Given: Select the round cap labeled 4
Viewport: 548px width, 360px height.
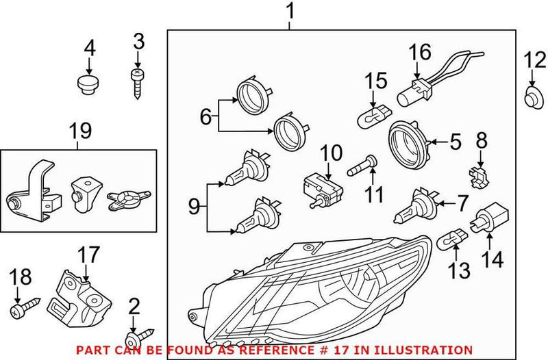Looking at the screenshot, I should pyautogui.click(x=86, y=87).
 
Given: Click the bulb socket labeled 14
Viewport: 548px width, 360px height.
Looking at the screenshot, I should pyautogui.click(x=484, y=222).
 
